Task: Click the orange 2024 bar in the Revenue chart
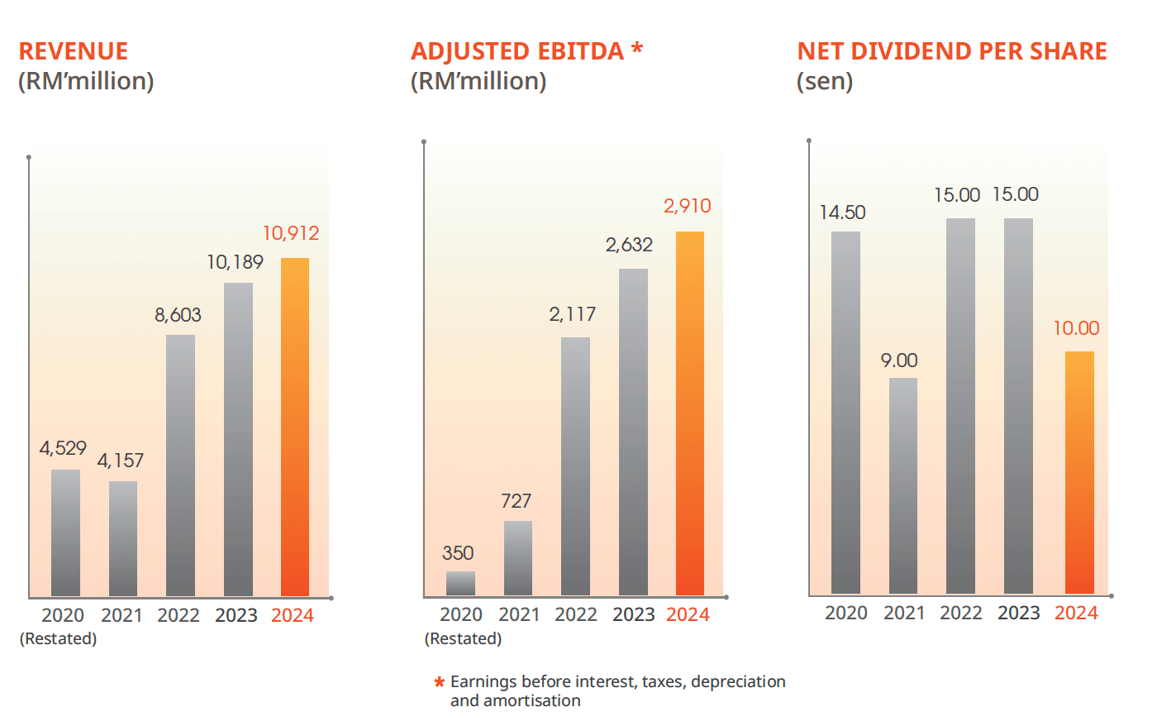coord(295,427)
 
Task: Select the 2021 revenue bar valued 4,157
coord(123,538)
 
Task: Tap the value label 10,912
coord(291,234)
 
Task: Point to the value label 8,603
coord(178,315)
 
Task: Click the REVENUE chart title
coord(74,51)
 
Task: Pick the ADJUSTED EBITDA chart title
coord(517,51)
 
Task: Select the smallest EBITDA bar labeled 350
coord(460,583)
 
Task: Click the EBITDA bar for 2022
coord(575,466)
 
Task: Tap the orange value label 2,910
coord(687,206)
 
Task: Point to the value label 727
coord(516,501)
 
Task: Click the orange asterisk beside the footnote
coord(440,683)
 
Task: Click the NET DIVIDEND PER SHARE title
coord(952,51)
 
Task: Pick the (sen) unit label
coord(825,81)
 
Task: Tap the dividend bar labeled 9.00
coord(903,485)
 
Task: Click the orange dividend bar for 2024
coord(1079,472)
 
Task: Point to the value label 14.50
coord(842,213)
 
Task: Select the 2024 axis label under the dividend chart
coord(1076,614)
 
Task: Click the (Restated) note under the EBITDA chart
coord(463,639)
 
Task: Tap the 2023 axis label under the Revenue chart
coord(236,616)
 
